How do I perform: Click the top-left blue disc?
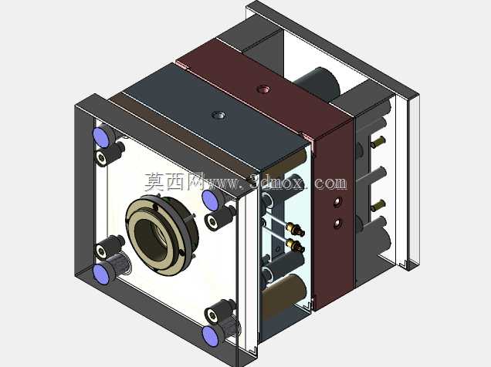click(101, 136)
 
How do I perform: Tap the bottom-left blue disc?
click(101, 274)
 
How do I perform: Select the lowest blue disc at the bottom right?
click(210, 336)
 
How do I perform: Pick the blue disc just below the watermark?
click(210, 200)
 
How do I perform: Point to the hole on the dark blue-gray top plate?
click(218, 116)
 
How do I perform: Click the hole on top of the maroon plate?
click(263, 89)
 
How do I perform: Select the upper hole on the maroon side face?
click(337, 202)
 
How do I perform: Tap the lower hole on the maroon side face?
click(337, 224)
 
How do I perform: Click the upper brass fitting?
click(294, 229)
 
